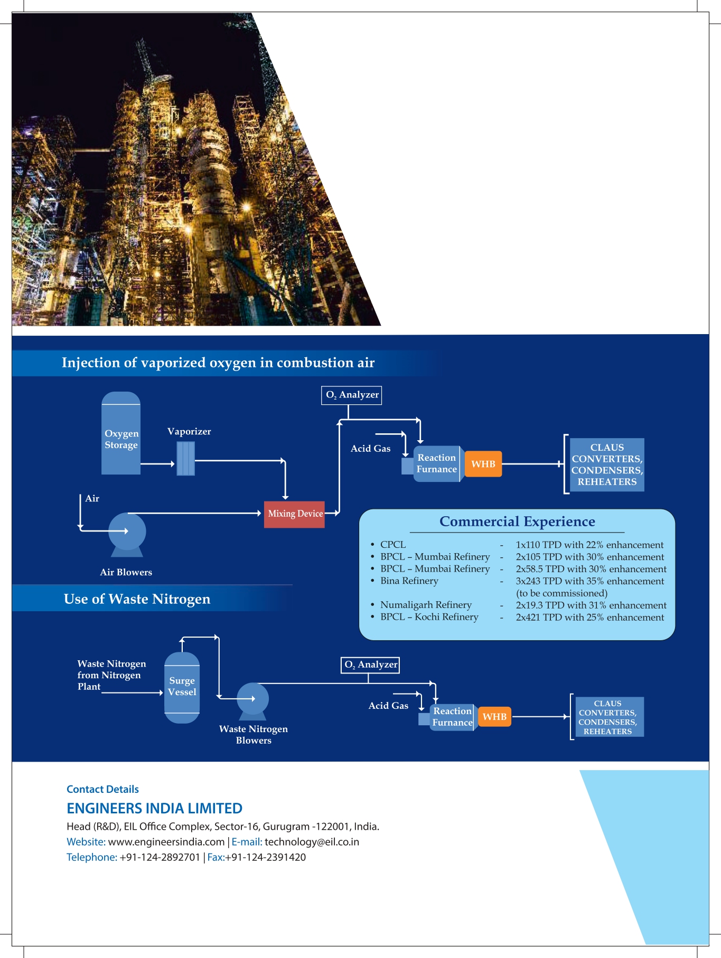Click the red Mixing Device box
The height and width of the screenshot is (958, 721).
coord(294,514)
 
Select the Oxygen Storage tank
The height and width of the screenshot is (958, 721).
coord(121,434)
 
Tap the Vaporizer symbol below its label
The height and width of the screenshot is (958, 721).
coord(185,459)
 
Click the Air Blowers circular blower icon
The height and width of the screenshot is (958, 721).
coord(127,533)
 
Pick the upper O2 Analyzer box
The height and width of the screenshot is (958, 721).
coord(351,395)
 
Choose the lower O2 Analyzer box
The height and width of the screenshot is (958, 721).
coord(370,665)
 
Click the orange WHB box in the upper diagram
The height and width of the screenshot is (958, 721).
coord(483,464)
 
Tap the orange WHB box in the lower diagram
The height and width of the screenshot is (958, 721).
coord(494,717)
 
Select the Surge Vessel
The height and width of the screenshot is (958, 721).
coord(182,687)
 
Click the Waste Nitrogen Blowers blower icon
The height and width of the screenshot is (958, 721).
coord(252,699)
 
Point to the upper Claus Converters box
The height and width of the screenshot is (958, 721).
coord(607,464)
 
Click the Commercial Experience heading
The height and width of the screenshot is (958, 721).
coord(517,522)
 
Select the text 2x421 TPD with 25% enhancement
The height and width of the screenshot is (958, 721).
coord(589,618)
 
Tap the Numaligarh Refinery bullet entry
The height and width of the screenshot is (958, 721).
coord(426,605)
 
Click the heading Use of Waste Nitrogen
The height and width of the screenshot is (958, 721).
coord(137,599)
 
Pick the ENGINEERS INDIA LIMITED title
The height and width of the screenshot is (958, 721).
coord(154,809)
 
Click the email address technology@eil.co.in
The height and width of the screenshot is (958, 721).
coord(312,842)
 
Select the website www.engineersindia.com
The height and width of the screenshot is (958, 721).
coord(166,842)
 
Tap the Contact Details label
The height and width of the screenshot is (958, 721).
coord(102,790)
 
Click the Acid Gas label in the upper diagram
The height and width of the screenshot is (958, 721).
coord(370,449)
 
